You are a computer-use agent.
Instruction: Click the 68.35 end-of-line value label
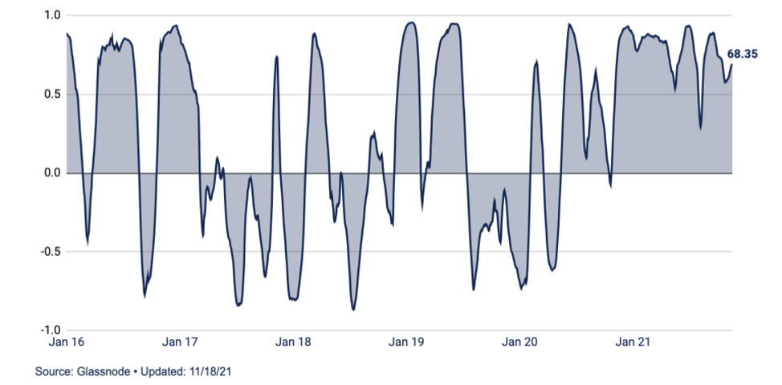(x=743, y=55)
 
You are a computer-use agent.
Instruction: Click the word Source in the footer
(x=50, y=372)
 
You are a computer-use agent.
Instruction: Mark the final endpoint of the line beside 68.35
(x=731, y=65)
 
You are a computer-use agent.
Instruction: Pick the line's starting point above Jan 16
(x=67, y=33)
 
